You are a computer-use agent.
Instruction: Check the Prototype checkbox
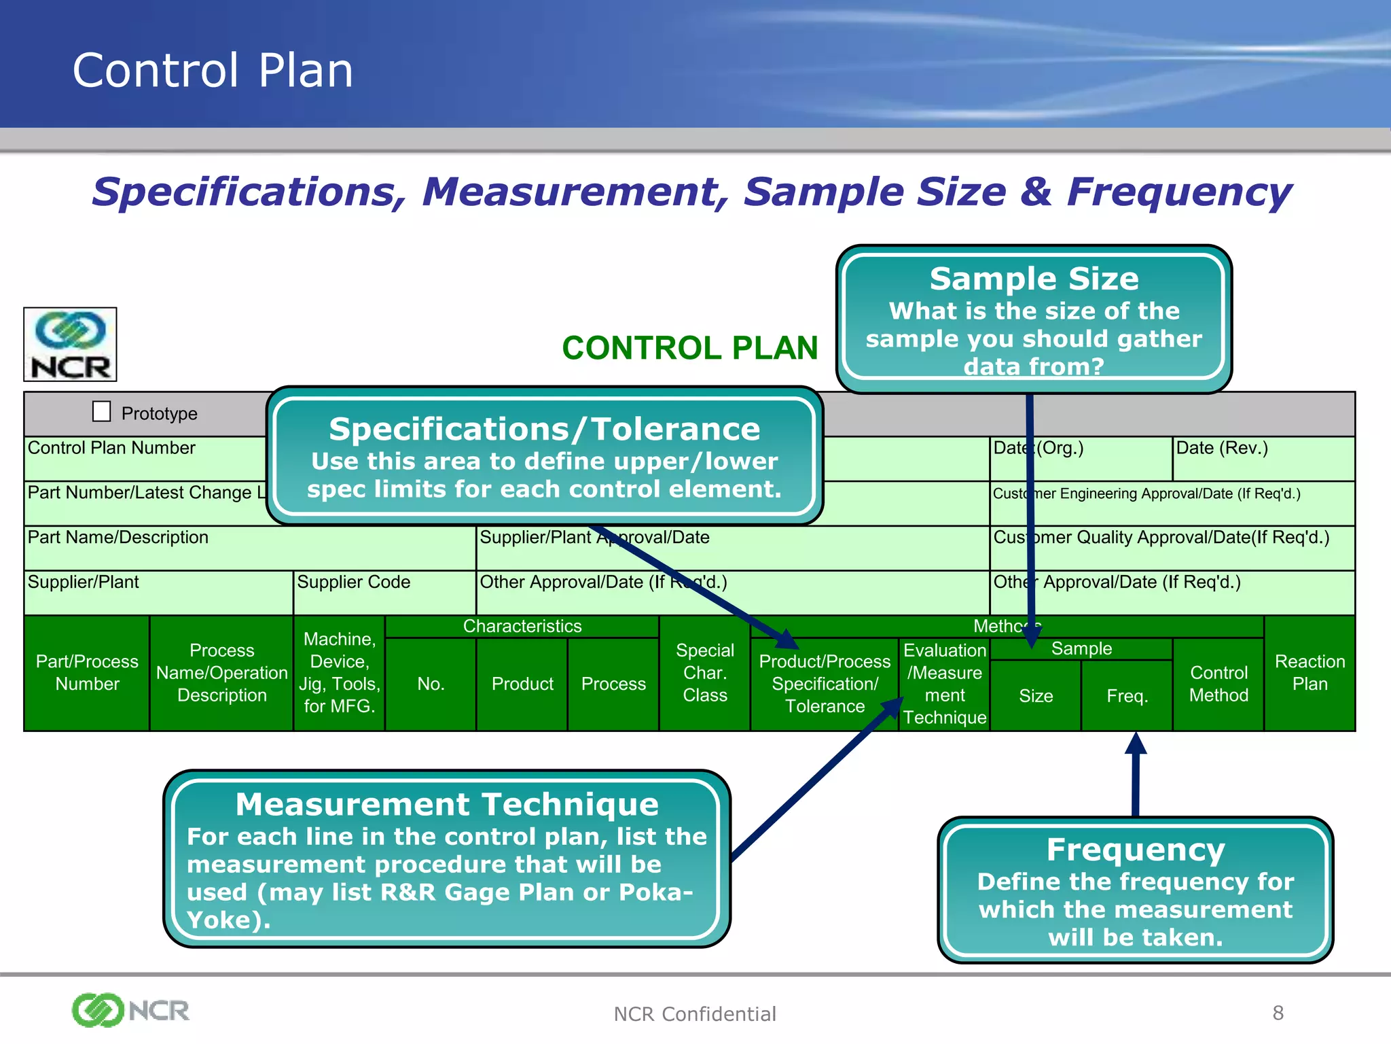tap(101, 411)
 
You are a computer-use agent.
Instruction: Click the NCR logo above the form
tap(71, 345)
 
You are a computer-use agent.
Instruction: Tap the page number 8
tap(1278, 1013)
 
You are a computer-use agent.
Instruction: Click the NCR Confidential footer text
tap(694, 1014)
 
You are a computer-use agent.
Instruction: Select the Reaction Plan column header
tap(1309, 672)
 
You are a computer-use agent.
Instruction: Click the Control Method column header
tap(1218, 684)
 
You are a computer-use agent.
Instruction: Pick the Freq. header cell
tap(1127, 695)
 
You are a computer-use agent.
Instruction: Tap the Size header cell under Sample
tap(1036, 695)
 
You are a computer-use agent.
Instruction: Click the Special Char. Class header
tap(705, 672)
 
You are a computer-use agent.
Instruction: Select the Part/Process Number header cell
tap(87, 672)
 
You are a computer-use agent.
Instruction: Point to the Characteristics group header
tap(522, 626)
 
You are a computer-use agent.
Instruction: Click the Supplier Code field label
tap(353, 582)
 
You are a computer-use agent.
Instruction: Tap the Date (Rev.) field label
tap(1221, 448)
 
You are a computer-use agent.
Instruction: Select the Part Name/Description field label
tap(118, 537)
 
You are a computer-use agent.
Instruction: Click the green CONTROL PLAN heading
tap(689, 348)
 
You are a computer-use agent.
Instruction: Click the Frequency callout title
tap(1135, 850)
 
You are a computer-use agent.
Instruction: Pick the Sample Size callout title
tap(1034, 279)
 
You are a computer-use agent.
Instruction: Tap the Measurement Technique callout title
tap(447, 804)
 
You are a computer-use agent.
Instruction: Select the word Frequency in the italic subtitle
tap(1178, 192)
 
